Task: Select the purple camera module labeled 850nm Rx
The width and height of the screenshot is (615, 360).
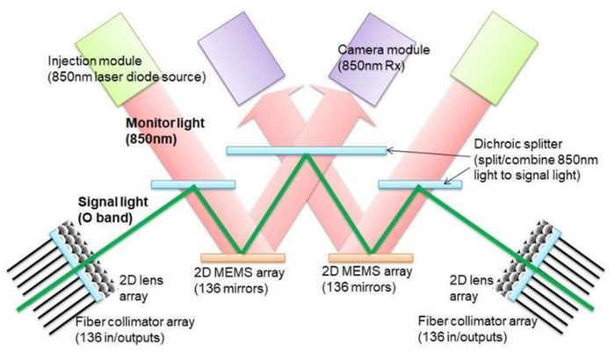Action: (372, 59)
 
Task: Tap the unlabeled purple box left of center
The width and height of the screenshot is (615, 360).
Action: (242, 58)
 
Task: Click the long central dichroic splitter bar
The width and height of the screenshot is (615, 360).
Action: (307, 150)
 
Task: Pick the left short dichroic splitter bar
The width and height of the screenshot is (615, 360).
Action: (193, 184)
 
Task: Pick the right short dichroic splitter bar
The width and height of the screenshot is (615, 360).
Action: (420, 184)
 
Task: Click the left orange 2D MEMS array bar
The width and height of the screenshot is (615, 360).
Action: (242, 257)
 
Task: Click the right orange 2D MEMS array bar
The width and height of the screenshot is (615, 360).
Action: (371, 257)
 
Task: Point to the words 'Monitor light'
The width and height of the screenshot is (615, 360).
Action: (165, 123)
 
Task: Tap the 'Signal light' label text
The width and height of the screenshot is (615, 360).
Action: (113, 202)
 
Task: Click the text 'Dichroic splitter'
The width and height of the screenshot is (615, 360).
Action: (518, 144)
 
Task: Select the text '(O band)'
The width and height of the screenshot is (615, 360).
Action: (105, 218)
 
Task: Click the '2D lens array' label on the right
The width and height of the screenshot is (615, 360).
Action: (471, 288)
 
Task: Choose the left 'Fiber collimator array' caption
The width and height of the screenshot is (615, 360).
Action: (135, 322)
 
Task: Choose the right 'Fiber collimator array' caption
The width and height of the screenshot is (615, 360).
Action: (478, 321)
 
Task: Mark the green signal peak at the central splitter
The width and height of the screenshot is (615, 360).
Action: (307, 155)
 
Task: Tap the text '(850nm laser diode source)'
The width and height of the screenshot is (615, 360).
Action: (127, 77)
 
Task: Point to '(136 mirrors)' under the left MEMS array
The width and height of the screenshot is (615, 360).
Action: (231, 288)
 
